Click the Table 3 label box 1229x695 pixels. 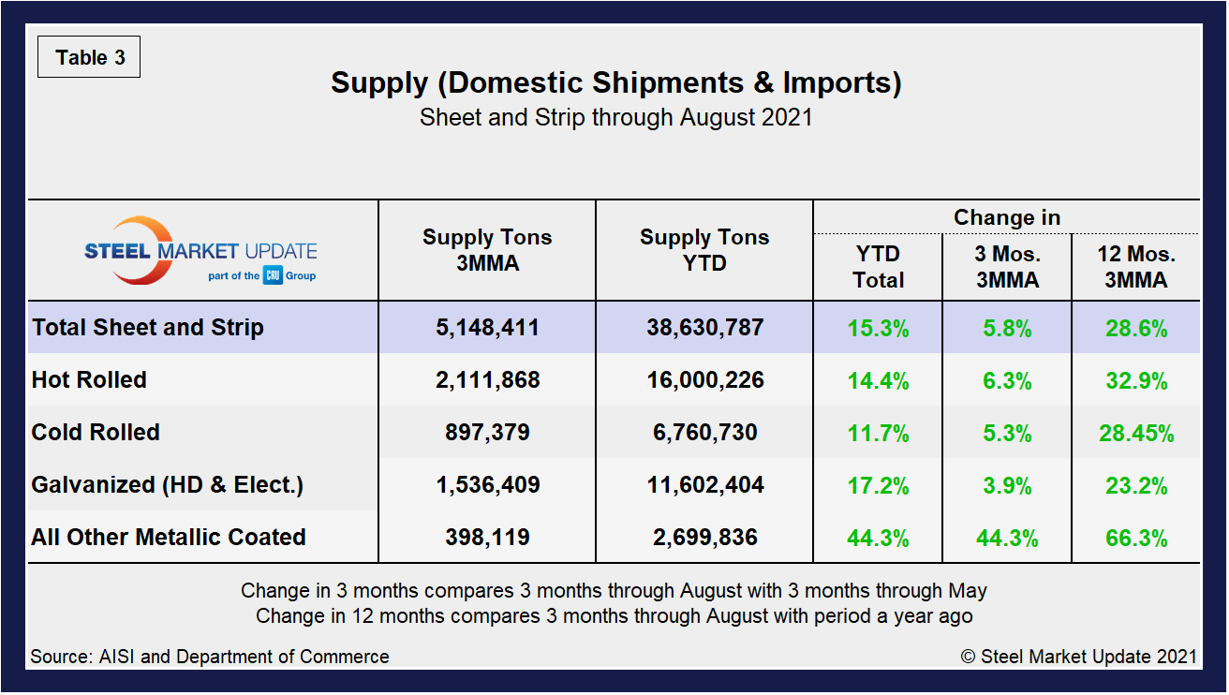click(x=89, y=58)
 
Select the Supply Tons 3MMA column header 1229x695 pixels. click(x=487, y=250)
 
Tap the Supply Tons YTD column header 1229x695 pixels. click(x=704, y=250)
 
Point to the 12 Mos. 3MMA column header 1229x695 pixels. click(x=1135, y=267)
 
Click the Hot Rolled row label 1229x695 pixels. click(x=89, y=380)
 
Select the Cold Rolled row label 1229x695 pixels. click(x=96, y=433)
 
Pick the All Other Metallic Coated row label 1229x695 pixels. click(x=169, y=538)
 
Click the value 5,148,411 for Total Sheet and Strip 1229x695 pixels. click(x=487, y=328)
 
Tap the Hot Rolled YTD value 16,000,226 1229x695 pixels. click(x=704, y=380)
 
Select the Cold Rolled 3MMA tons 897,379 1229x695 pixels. click(x=487, y=433)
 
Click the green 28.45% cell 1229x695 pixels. click(x=1135, y=433)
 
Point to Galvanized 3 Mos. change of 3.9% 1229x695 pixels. click(x=1007, y=485)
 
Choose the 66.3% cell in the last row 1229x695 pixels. click(x=1135, y=538)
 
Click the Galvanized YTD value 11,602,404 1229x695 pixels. click(x=704, y=485)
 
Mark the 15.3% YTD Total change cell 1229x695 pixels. click(x=878, y=328)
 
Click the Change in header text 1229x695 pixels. click(x=1007, y=217)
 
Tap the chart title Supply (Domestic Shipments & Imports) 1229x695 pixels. click(x=615, y=82)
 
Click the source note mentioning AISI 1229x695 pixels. click(x=209, y=657)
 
